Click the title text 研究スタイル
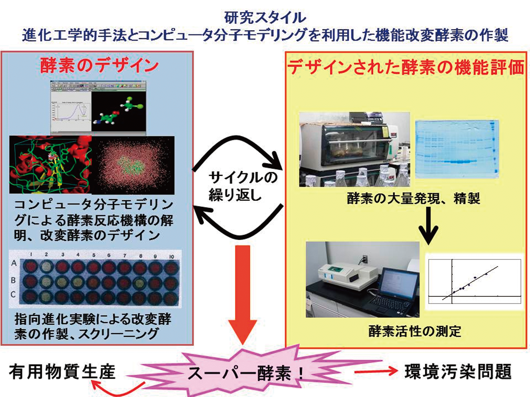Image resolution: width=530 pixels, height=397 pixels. (x=265, y=18)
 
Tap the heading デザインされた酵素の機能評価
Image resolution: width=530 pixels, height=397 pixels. (x=406, y=68)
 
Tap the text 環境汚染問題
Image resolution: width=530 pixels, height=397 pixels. (x=458, y=372)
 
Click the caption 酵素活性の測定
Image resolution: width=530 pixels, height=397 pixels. (x=414, y=331)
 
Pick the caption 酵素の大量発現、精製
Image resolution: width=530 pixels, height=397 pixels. (x=413, y=199)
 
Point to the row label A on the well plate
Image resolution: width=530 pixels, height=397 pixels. (x=14, y=263)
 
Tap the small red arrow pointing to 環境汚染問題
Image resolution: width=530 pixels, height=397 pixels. (x=375, y=372)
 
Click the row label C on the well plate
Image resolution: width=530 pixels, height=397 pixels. (x=13, y=294)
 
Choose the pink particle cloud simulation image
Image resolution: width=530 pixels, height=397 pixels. (x=133, y=165)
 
